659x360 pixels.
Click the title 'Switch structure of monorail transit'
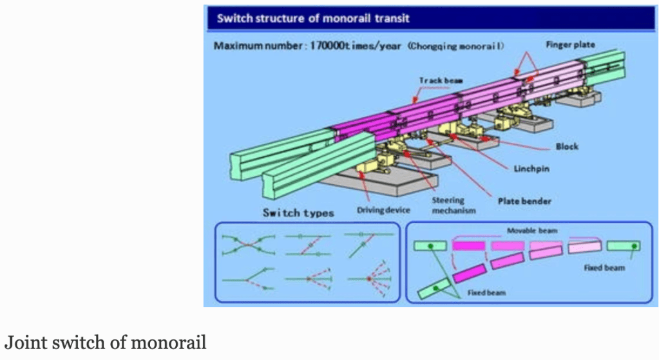click(x=313, y=18)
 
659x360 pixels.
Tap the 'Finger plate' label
click(x=570, y=45)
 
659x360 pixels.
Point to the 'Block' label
click(x=566, y=146)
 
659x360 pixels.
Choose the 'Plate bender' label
click(x=524, y=202)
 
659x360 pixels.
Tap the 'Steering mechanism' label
click(x=448, y=205)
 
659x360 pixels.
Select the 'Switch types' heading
click(x=298, y=213)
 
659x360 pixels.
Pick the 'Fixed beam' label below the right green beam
click(x=604, y=267)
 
